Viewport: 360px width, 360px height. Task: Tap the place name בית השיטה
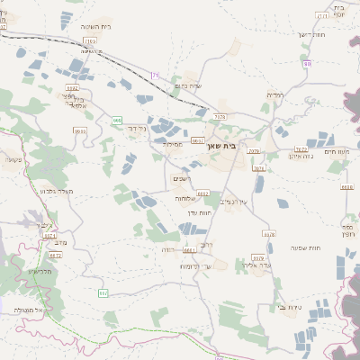94,26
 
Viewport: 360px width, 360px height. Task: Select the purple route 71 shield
155,76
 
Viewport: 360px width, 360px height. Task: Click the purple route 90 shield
308,64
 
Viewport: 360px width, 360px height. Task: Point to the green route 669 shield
117,120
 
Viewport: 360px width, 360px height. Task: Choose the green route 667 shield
103,292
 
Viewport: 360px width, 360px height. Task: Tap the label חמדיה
275,94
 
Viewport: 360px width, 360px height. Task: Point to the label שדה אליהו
257,265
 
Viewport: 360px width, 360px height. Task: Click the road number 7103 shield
90,41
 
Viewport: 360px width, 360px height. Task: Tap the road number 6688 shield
346,187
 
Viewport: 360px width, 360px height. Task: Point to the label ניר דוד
137,129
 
